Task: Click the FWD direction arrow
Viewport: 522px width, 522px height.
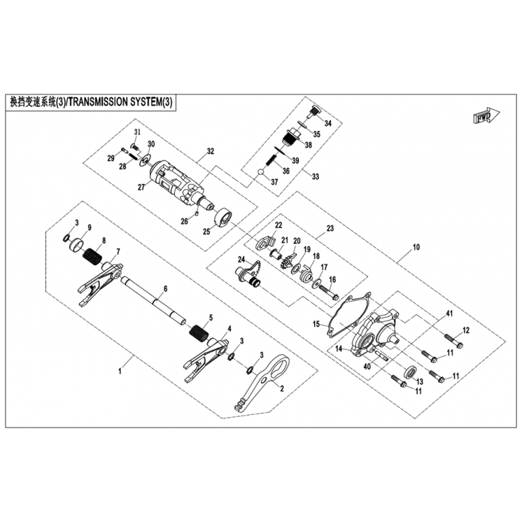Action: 486,116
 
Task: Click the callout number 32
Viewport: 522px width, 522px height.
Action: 210,151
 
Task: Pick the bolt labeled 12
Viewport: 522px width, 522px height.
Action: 453,341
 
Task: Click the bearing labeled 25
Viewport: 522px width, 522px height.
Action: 223,217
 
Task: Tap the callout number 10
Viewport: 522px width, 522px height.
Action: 416,247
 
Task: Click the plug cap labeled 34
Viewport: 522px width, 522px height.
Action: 313,112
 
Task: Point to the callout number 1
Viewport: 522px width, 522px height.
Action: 120,371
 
